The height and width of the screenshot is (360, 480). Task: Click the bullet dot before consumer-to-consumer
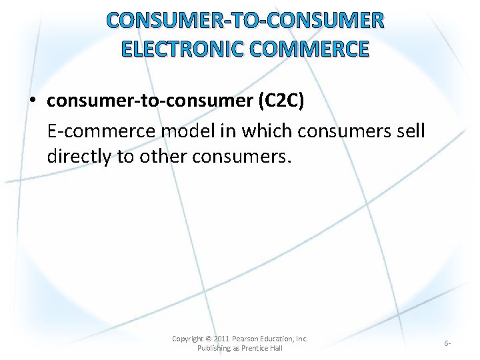(32, 101)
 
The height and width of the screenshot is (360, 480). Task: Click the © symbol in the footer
(207, 339)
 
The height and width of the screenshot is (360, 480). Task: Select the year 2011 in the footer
(221, 339)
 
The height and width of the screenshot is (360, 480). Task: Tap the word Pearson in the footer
(247, 339)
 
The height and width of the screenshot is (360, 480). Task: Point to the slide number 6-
(447, 343)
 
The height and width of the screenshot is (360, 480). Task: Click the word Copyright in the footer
(187, 339)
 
